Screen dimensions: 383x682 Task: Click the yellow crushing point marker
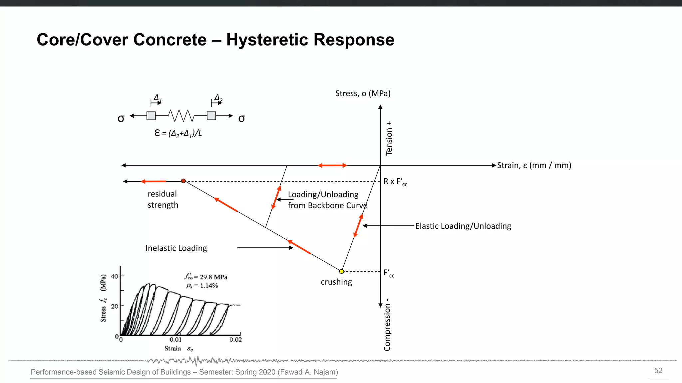coord(341,271)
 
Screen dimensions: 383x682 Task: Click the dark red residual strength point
coord(183,181)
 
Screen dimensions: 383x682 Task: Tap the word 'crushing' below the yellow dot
coord(336,282)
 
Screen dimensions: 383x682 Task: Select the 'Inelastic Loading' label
coord(176,248)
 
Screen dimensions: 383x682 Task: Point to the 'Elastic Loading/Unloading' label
coord(463,226)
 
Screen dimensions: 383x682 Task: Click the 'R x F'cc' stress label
coord(395,182)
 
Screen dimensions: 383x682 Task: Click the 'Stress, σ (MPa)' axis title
coord(363,93)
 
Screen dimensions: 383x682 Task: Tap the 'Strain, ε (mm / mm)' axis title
coord(534,165)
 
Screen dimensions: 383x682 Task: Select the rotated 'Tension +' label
coord(389,138)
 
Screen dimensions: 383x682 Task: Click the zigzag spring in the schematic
coord(181,116)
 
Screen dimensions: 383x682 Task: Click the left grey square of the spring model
coord(151,116)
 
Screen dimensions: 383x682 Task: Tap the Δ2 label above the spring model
coord(218,98)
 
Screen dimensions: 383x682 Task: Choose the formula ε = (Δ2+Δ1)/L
coord(178,133)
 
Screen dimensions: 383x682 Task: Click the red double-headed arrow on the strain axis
coord(332,165)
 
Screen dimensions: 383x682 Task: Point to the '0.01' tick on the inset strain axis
coord(175,339)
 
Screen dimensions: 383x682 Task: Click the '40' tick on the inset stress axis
coord(115,276)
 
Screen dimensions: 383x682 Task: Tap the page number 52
coord(658,371)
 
